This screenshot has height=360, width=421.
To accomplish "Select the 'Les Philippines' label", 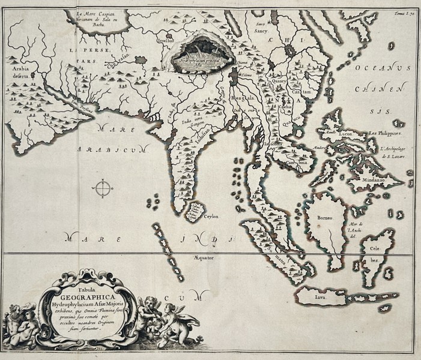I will (388, 133).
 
